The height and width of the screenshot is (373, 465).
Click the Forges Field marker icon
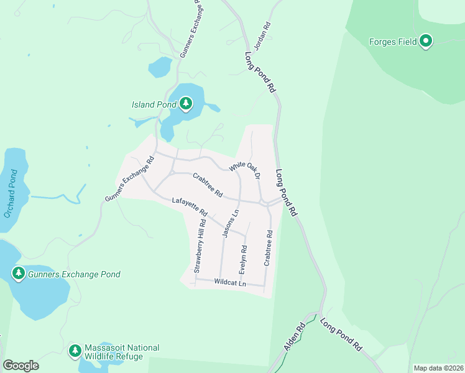(x=426, y=42)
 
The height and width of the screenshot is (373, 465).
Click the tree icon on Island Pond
(x=186, y=104)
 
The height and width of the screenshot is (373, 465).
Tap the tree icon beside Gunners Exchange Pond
(x=19, y=273)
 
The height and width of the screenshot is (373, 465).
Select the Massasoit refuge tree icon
(x=75, y=351)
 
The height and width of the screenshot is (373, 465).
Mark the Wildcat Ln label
(x=230, y=283)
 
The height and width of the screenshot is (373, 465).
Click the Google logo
(x=21, y=366)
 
